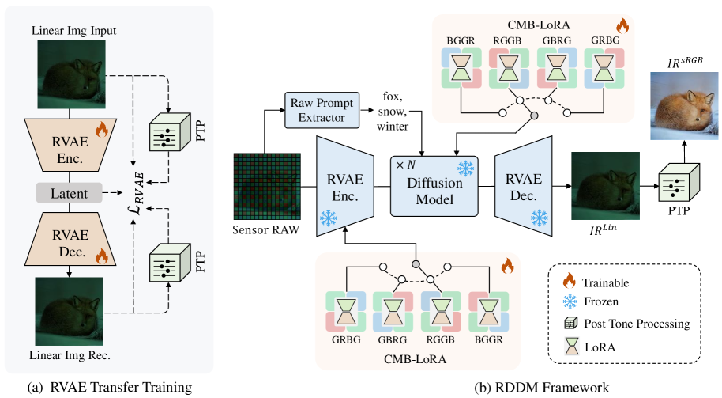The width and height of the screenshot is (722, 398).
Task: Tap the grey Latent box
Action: (x=68, y=192)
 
